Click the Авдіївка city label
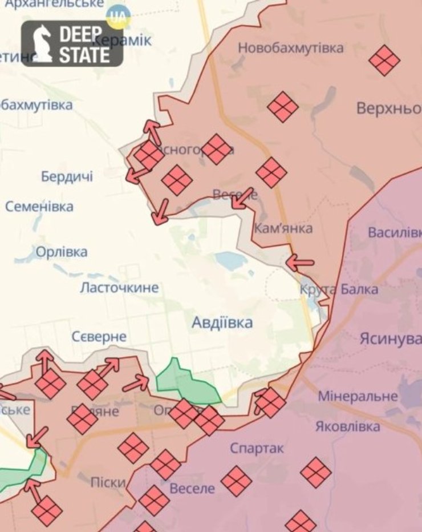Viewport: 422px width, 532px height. pos(222,323)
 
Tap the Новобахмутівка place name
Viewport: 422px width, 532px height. pos(290,48)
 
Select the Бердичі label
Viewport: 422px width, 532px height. pos(67,177)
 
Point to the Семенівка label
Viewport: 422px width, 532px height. pos(39,207)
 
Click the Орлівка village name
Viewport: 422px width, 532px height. pos(62,252)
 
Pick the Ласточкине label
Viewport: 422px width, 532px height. pos(119,288)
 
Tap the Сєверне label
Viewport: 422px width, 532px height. pos(99,337)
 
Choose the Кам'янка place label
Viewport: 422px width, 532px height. pos(283,228)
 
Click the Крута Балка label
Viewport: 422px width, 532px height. pos(339,289)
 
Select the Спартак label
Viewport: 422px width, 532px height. pos(257,449)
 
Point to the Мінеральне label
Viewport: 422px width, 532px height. pos(358,396)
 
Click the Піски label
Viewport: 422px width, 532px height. pos(108,483)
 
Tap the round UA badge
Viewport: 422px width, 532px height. pos(119,17)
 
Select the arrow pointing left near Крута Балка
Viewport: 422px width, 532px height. pos(300,263)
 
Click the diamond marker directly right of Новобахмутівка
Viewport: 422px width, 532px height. pos(384,60)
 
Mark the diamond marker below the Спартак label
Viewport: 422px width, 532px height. pos(237,481)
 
